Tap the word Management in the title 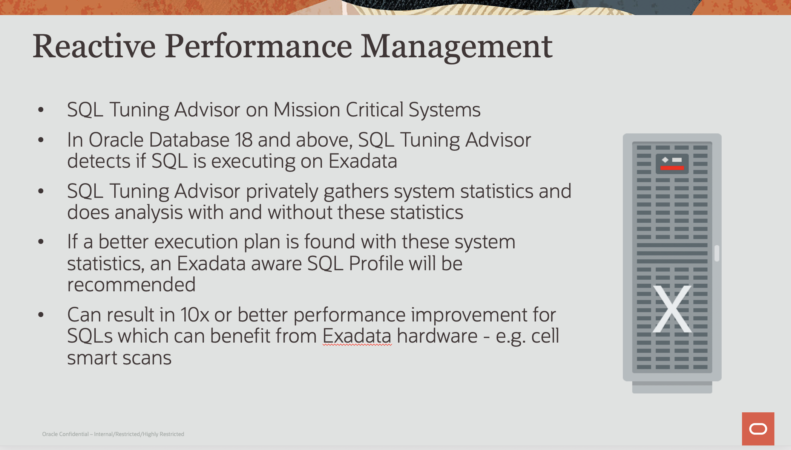pos(457,48)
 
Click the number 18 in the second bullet pos(244,140)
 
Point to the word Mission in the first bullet pos(307,110)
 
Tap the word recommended pos(131,285)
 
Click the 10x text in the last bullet pos(195,315)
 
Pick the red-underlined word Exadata pos(357,336)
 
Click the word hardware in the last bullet pos(437,336)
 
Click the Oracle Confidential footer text pos(113,434)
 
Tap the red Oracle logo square pos(758,429)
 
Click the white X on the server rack pos(672,309)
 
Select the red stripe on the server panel pos(672,168)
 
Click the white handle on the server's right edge pos(717,253)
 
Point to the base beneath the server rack pos(672,387)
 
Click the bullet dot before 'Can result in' pos(41,315)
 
